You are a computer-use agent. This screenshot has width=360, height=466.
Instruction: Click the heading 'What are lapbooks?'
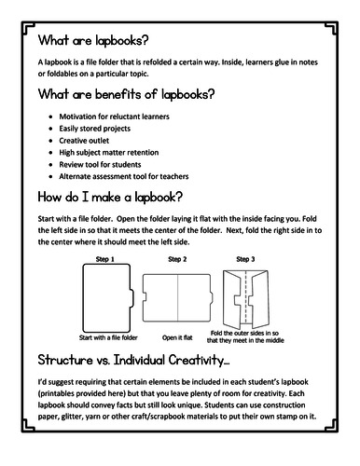pos(93,41)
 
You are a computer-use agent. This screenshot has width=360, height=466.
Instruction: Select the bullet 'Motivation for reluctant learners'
pos(114,116)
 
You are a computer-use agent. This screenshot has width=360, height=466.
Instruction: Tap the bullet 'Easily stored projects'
pos(94,129)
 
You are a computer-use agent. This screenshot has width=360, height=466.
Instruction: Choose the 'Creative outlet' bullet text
pos(84,141)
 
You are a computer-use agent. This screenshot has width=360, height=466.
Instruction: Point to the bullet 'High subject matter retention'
pos(109,153)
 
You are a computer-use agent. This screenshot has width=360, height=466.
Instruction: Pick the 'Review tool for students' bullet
pos(100,164)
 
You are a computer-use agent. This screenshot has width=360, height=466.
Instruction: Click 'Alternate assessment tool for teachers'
pos(124,176)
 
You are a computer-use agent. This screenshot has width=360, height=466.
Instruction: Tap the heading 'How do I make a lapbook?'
pos(110,198)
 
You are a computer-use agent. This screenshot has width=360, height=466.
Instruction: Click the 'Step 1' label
pos(105,259)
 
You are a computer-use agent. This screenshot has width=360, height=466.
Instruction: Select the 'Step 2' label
pos(177,259)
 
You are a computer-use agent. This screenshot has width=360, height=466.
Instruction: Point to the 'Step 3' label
pos(245,259)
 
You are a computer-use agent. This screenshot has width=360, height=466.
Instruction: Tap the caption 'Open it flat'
pos(177,337)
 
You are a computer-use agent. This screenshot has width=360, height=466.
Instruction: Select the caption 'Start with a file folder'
pos(108,337)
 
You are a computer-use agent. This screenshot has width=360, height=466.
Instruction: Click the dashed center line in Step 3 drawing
pos(245,297)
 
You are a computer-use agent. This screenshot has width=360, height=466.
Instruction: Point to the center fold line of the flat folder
pos(178,297)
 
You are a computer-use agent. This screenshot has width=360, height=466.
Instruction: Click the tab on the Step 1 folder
pos(132,298)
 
